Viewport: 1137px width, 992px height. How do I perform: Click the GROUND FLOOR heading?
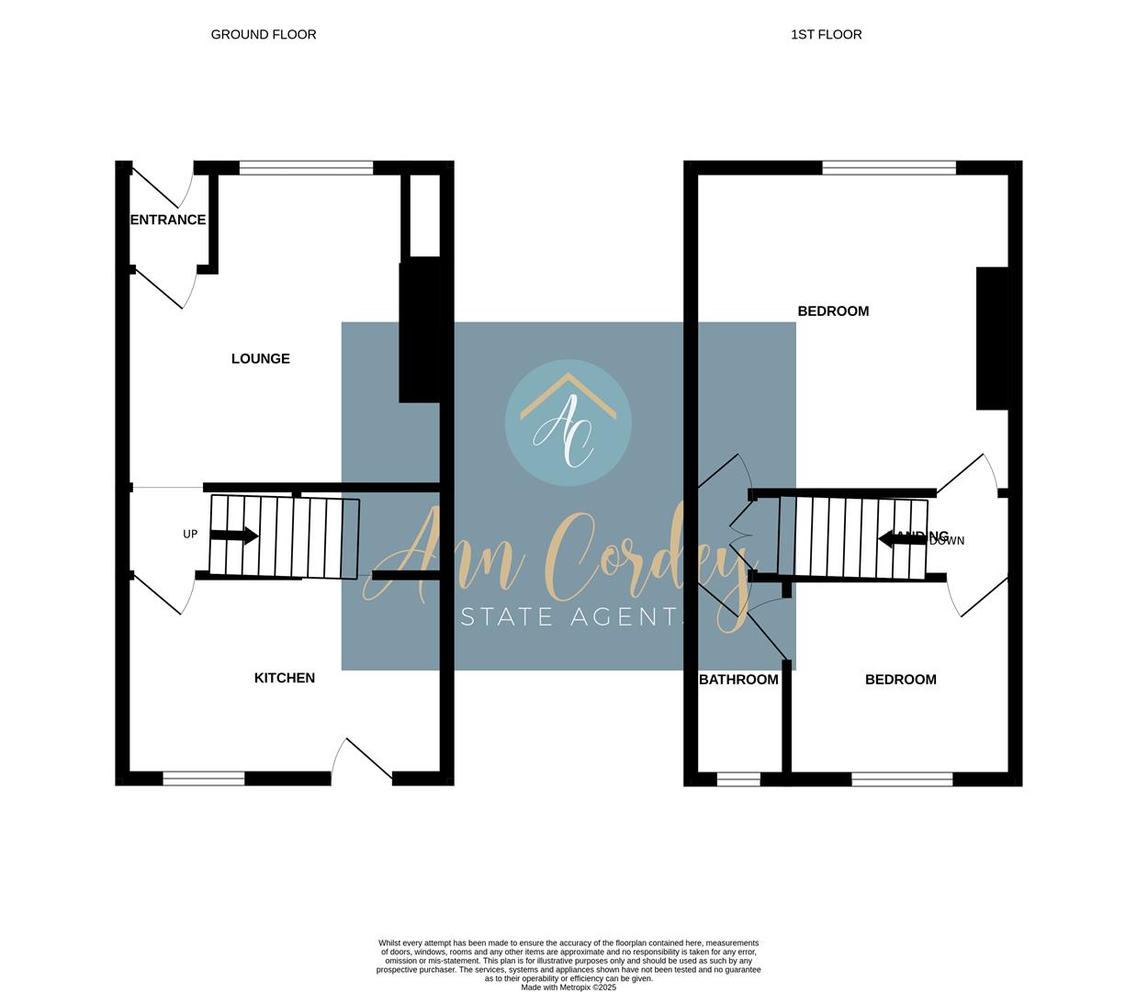[264, 35]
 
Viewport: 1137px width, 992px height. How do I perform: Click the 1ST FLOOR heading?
[826, 35]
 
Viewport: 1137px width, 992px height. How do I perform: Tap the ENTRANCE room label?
[168, 220]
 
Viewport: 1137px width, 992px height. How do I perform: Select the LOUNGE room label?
[261, 358]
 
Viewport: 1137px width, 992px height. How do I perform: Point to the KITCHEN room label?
[285, 678]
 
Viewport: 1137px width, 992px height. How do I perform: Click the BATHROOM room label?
[738, 680]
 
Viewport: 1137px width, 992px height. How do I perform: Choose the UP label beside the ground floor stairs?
[190, 535]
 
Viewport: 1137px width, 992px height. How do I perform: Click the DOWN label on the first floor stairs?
[947, 541]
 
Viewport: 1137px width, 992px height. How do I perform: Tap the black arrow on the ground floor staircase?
[234, 535]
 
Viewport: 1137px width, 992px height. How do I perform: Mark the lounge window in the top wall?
[306, 168]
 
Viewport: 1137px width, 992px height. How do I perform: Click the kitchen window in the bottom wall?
[204, 779]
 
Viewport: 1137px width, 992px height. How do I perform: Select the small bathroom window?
[738, 780]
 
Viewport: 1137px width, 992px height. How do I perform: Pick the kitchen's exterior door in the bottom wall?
[362, 762]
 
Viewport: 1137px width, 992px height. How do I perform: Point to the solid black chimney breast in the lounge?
[420, 333]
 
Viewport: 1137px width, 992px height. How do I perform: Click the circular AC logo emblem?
[568, 423]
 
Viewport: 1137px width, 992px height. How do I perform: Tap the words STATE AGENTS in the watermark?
[573, 617]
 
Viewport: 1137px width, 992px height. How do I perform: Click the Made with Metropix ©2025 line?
[568, 987]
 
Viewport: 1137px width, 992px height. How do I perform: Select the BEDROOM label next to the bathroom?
[901, 680]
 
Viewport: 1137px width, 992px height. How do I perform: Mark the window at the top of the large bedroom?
[889, 168]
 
